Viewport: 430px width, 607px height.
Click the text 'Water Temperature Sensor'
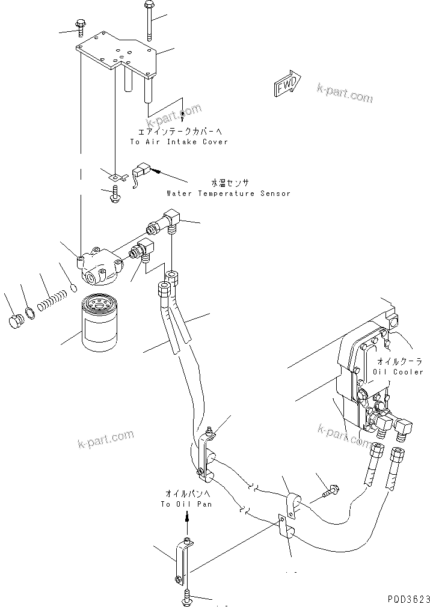tap(228, 194)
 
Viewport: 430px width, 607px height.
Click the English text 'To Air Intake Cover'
tap(179, 142)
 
